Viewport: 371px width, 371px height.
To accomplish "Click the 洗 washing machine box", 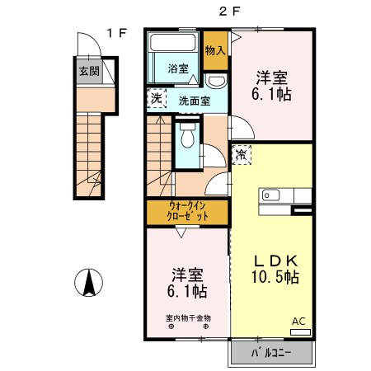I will click(x=157, y=99).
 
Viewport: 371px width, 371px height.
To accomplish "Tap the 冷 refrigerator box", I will click(x=242, y=154).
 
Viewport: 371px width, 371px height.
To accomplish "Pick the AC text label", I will click(x=298, y=322).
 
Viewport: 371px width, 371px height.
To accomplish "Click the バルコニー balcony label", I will click(x=270, y=355).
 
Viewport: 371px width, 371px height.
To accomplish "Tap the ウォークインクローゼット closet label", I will click(x=188, y=210).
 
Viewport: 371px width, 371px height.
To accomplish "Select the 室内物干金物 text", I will click(x=188, y=317).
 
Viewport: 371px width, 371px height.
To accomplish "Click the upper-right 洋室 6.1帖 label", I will click(x=273, y=86).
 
